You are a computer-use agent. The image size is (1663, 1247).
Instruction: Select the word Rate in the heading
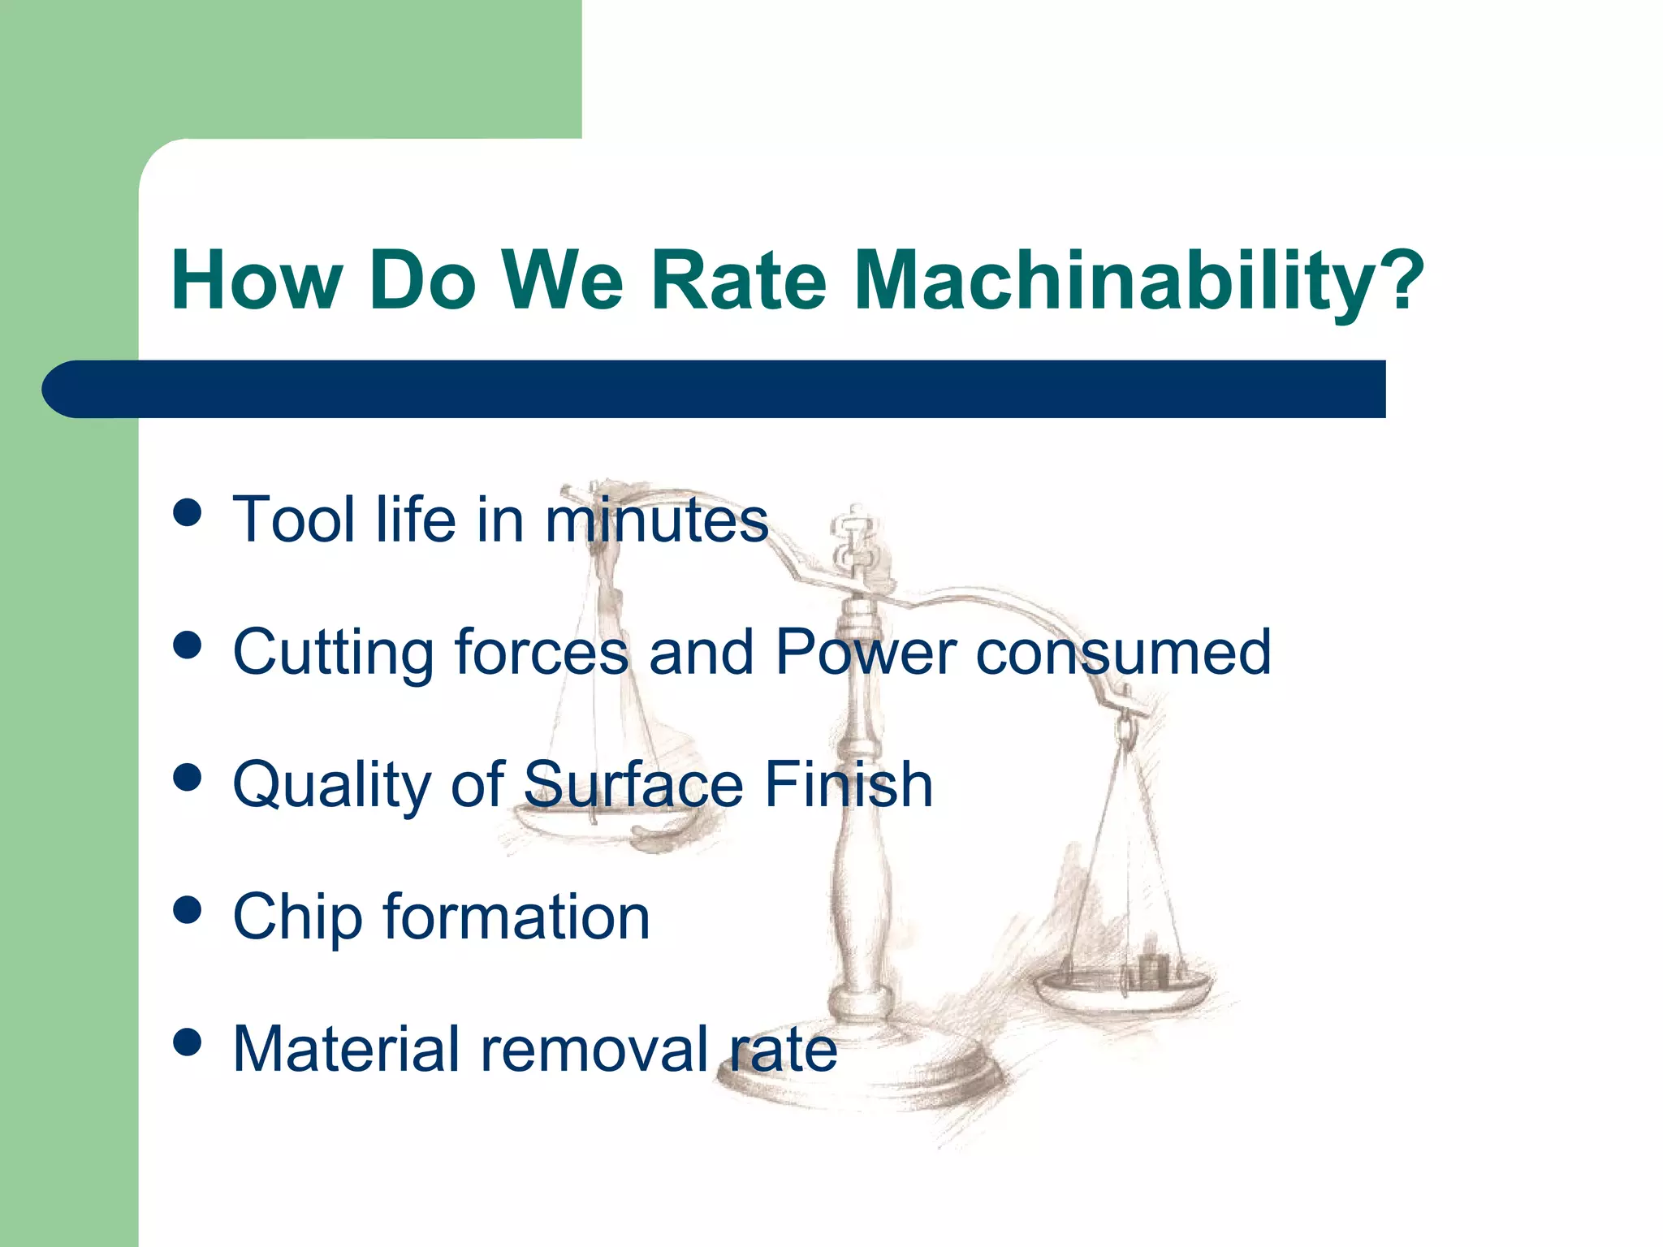[738, 280]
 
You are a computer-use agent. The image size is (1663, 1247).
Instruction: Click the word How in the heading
[257, 280]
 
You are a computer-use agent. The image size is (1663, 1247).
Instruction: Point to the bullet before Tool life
[188, 513]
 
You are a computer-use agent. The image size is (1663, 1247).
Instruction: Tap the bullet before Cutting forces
[188, 645]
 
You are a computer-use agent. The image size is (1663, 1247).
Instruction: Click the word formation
[516, 917]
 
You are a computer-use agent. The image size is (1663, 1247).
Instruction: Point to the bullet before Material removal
[188, 1042]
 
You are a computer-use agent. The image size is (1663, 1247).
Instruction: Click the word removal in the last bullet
[595, 1049]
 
